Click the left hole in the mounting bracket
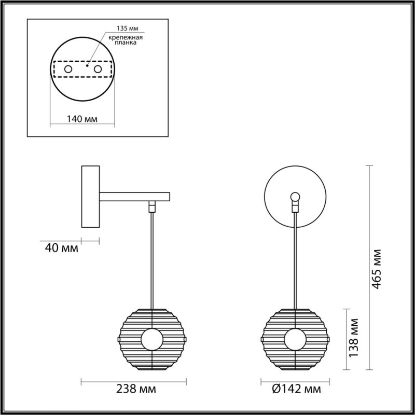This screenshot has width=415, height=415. [x=68, y=68]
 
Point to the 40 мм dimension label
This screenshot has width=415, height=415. [x=62, y=248]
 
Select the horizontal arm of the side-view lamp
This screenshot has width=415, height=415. [x=135, y=197]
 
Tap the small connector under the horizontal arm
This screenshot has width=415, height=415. [x=152, y=206]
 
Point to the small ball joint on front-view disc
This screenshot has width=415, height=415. [x=295, y=196]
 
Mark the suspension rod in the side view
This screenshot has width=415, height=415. [x=152, y=259]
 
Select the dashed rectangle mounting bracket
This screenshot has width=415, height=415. [x=82, y=68]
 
